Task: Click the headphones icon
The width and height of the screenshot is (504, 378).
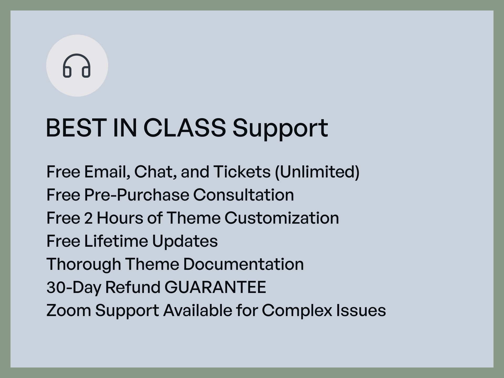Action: [77, 66]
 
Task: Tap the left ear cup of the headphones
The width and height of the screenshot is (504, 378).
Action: [67, 72]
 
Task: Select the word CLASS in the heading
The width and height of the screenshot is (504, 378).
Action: [184, 128]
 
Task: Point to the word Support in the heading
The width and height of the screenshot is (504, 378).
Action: [280, 128]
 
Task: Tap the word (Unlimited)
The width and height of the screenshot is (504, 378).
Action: [317, 172]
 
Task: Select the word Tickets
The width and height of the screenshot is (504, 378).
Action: [242, 172]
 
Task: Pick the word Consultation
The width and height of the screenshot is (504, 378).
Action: [243, 195]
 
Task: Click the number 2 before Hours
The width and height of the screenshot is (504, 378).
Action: [88, 218]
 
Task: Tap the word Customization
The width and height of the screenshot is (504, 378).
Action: [281, 218]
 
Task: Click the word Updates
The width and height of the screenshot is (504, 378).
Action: [185, 241]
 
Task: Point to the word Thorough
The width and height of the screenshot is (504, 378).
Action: [83, 264]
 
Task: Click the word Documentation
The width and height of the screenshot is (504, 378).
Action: [243, 264]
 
